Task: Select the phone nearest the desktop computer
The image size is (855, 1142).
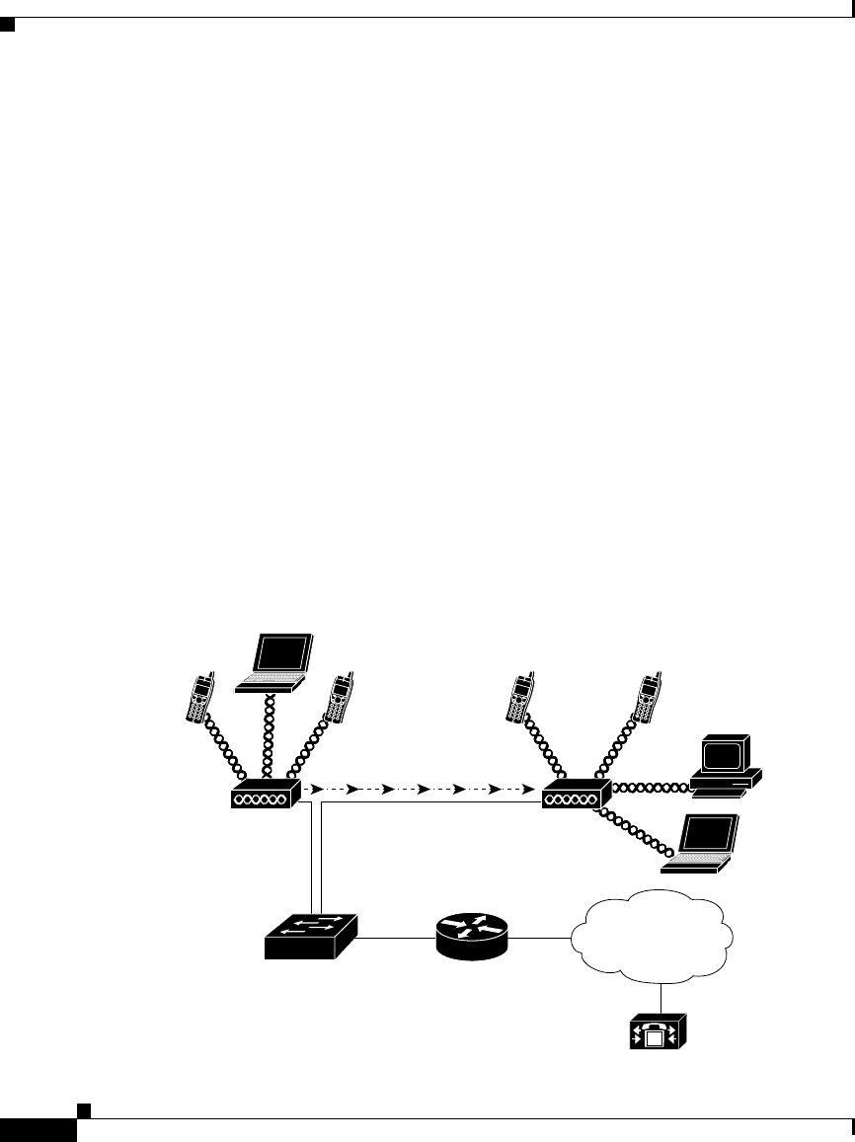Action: [649, 698]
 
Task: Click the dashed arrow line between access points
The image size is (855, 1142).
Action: [420, 791]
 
